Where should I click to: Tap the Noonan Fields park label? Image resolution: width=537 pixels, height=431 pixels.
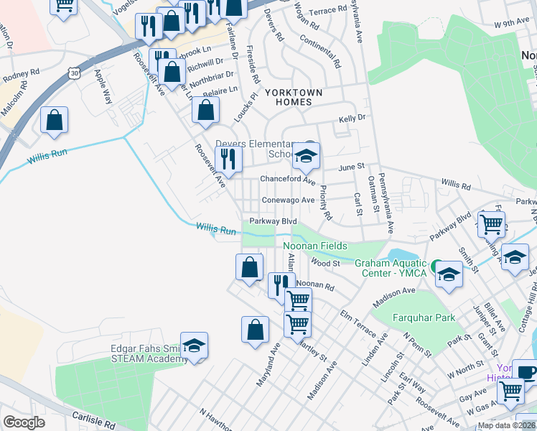pyautogui.click(x=321, y=246)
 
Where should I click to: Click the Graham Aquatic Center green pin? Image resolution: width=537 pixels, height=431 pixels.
pyautogui.click(x=436, y=264)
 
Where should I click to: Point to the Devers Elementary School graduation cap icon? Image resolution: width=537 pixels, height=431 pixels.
pyautogui.click(x=307, y=156)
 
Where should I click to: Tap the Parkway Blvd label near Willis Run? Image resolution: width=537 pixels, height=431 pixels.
pyautogui.click(x=273, y=221)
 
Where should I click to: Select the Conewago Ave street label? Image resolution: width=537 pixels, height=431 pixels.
pyautogui.click(x=288, y=200)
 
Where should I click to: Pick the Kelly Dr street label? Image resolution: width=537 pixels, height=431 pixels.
pyautogui.click(x=352, y=116)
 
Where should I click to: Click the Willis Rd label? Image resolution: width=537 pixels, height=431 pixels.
pyautogui.click(x=456, y=185)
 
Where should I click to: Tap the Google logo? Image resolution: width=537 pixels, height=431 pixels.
pyautogui.click(x=24, y=422)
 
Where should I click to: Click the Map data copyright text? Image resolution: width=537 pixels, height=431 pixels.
pyautogui.click(x=506, y=425)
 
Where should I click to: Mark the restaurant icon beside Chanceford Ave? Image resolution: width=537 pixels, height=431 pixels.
pyautogui.click(x=229, y=159)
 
